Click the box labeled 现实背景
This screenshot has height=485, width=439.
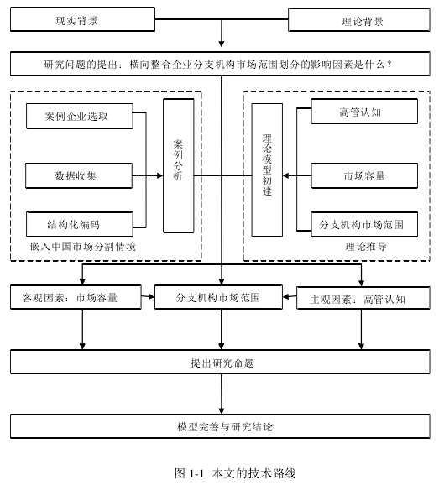click(82, 19)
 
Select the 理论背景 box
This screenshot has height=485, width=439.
click(359, 20)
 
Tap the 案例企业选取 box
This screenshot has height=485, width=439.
click(80, 116)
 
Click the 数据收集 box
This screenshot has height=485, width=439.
click(79, 175)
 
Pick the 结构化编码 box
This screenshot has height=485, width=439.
click(80, 224)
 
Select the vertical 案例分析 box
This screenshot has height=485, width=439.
click(179, 165)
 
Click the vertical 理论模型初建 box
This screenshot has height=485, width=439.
click(267, 170)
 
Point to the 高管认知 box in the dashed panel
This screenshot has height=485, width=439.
click(364, 112)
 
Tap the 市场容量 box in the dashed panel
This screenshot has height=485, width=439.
click(364, 175)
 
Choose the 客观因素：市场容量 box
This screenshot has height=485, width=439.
click(76, 297)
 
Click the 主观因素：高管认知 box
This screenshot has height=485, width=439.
click(363, 298)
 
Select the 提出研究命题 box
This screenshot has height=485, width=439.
click(220, 362)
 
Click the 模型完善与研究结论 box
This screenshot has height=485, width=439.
click(220, 426)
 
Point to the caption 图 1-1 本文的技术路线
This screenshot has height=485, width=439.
click(235, 473)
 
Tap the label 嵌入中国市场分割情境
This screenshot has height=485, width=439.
click(83, 247)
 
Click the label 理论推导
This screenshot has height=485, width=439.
click(366, 247)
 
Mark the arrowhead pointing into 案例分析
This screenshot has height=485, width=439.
click(160, 175)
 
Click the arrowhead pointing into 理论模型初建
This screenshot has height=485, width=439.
click(286, 175)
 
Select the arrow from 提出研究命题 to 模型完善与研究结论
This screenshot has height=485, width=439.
click(222, 394)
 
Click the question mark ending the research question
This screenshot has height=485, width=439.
click(389, 65)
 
